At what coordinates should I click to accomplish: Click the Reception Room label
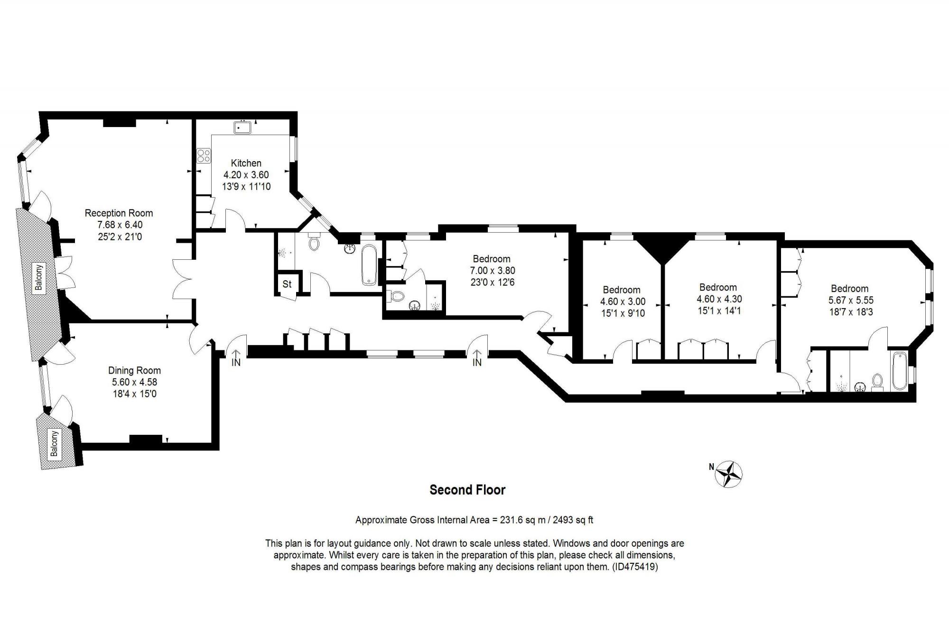[119, 213]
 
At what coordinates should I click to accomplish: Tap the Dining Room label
[134, 370]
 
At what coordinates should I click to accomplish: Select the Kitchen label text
[246, 163]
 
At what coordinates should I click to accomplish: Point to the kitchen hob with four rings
[204, 156]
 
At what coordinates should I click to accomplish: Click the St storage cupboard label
[287, 284]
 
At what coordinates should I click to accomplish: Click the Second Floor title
[467, 490]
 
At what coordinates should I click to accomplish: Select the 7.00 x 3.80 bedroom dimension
[492, 271]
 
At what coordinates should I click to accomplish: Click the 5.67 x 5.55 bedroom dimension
[851, 300]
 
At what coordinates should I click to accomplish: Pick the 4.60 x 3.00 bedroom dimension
[623, 302]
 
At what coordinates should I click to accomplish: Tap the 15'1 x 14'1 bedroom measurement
[719, 311]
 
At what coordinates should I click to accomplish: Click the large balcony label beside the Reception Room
[39, 277]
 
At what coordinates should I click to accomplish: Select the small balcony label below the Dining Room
[54, 443]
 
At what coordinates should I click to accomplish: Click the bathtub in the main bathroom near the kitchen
[369, 265]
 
